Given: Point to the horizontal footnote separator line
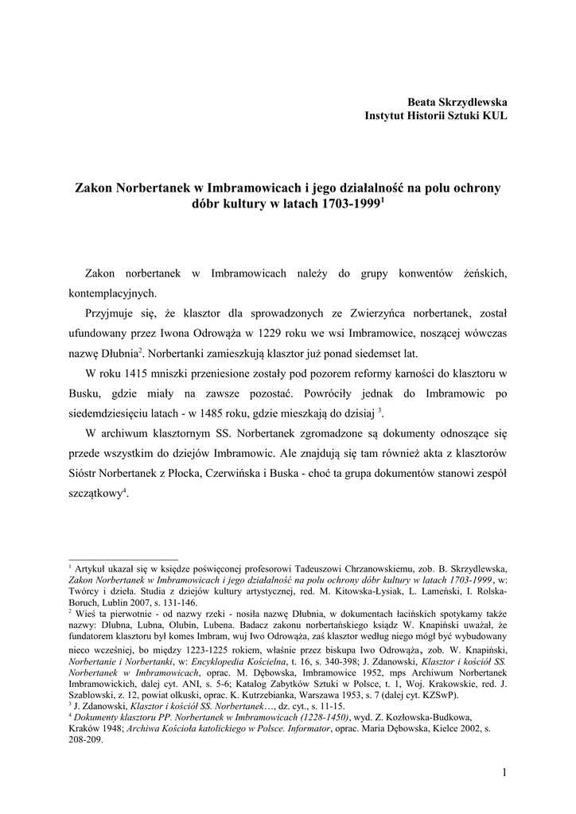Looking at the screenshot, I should click(x=123, y=559).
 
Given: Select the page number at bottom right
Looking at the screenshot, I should click(x=504, y=772).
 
